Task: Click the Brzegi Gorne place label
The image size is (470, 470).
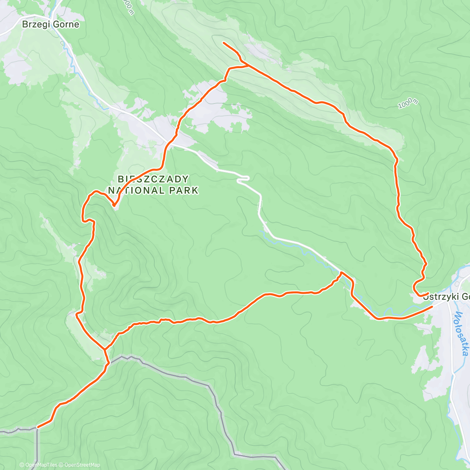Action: (x=51, y=24)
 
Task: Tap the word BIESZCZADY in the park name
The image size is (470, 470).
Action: (x=153, y=179)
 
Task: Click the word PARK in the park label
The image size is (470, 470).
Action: (x=184, y=191)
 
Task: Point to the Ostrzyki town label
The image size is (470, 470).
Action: (x=446, y=296)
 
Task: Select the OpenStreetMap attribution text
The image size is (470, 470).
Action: (x=82, y=465)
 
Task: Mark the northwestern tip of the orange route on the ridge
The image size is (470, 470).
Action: (x=223, y=42)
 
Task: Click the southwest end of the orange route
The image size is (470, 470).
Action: (x=38, y=427)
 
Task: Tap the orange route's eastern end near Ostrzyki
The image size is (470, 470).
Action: (x=432, y=307)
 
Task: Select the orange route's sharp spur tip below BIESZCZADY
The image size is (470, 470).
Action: (x=114, y=205)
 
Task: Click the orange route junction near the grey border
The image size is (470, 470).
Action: (x=104, y=349)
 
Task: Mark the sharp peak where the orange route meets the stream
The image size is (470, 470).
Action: (x=341, y=272)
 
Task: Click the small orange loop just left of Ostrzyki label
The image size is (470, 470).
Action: (x=416, y=288)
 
